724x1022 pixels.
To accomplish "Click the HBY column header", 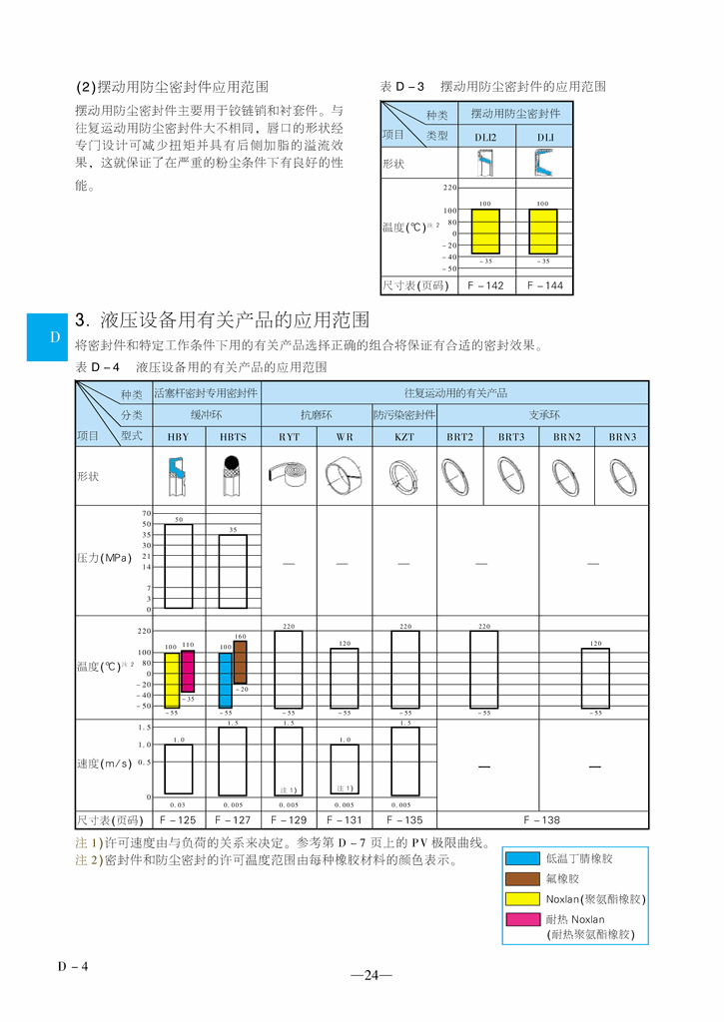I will pyautogui.click(x=178, y=437).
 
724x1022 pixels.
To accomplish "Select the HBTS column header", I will pyautogui.click(x=233, y=437).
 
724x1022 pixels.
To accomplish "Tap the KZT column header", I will pyautogui.click(x=403, y=437).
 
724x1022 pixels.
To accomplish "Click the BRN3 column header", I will pyautogui.click(x=622, y=437).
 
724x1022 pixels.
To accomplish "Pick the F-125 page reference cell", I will pyautogui.click(x=178, y=820).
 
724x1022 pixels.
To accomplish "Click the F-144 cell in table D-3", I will pyautogui.click(x=544, y=285).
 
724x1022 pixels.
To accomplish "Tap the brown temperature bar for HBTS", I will pyautogui.click(x=240, y=662).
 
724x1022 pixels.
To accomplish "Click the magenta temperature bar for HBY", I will pyautogui.click(x=187, y=671).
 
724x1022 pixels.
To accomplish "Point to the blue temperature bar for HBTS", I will pyautogui.click(x=226, y=681).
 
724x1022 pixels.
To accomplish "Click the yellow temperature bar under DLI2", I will pyautogui.click(x=485, y=232).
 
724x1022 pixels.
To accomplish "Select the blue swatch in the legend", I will pyautogui.click(x=522, y=858).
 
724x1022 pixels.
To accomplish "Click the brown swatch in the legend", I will pyautogui.click(x=522, y=878).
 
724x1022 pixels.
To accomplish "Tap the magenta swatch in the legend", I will pyautogui.click(x=522, y=919).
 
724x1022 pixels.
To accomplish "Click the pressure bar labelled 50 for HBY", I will pyautogui.click(x=179, y=566).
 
